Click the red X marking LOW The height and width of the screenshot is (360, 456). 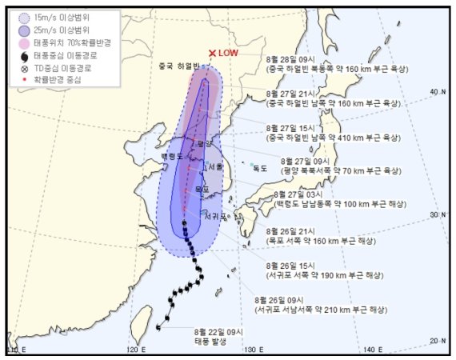point(212,54)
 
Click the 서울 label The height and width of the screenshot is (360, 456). point(213,166)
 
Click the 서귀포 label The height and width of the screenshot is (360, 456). point(214,216)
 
